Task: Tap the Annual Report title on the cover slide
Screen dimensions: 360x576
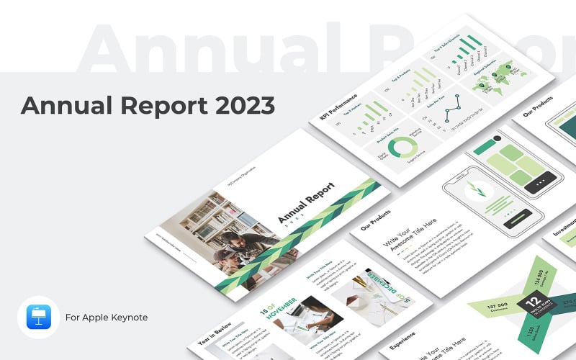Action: (x=306, y=206)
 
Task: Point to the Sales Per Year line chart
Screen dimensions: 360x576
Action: (x=457, y=112)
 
